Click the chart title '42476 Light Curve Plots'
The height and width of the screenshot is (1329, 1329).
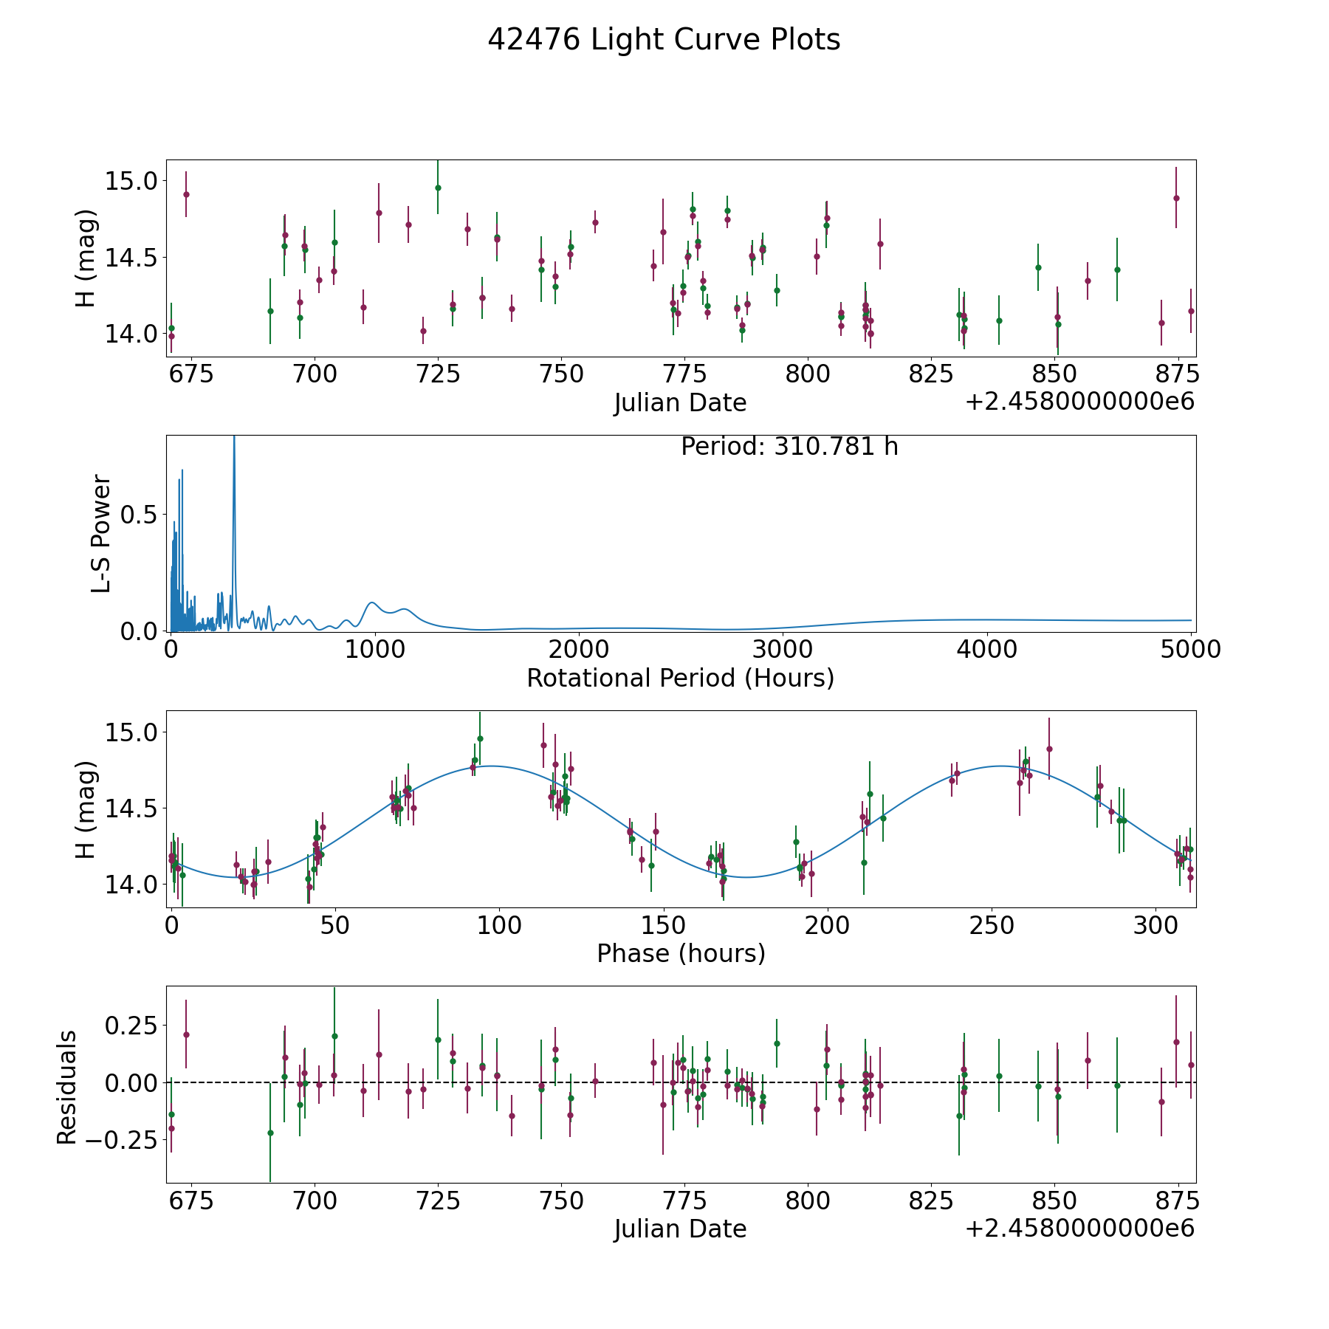click(x=664, y=40)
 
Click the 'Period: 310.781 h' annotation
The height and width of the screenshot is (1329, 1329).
click(x=789, y=447)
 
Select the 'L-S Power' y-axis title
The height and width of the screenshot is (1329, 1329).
click(x=101, y=534)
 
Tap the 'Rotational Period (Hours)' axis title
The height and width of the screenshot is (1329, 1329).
click(x=680, y=678)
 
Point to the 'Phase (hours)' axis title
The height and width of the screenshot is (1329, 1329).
click(x=681, y=953)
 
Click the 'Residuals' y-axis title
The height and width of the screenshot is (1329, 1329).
click(x=67, y=1087)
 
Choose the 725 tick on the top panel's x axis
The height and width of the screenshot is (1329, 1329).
click(x=437, y=374)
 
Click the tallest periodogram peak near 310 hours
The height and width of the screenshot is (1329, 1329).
click(x=234, y=443)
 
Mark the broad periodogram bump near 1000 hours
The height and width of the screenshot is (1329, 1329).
click(x=372, y=603)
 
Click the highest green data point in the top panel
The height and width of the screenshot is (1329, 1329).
click(x=438, y=188)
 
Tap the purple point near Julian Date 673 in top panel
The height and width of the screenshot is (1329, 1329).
click(x=186, y=194)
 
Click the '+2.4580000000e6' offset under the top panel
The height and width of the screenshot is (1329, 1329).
click(x=1079, y=402)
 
